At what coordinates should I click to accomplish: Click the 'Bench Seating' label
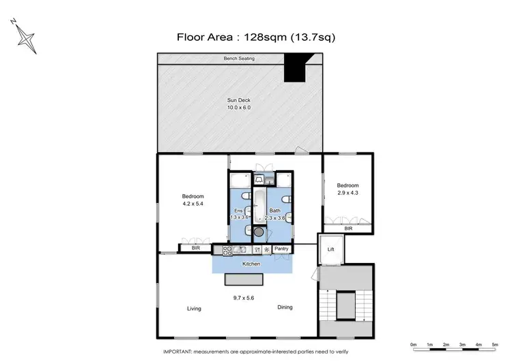[x=239, y=59]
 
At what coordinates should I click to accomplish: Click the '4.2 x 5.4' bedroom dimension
[x=193, y=203]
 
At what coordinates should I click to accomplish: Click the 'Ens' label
[x=238, y=210]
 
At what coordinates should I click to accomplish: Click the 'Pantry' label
[x=282, y=249]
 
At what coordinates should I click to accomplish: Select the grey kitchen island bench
[x=243, y=279]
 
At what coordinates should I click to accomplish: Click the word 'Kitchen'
[x=252, y=263]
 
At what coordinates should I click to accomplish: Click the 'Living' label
[x=195, y=309]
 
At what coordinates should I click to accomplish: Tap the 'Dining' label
[x=285, y=307]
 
